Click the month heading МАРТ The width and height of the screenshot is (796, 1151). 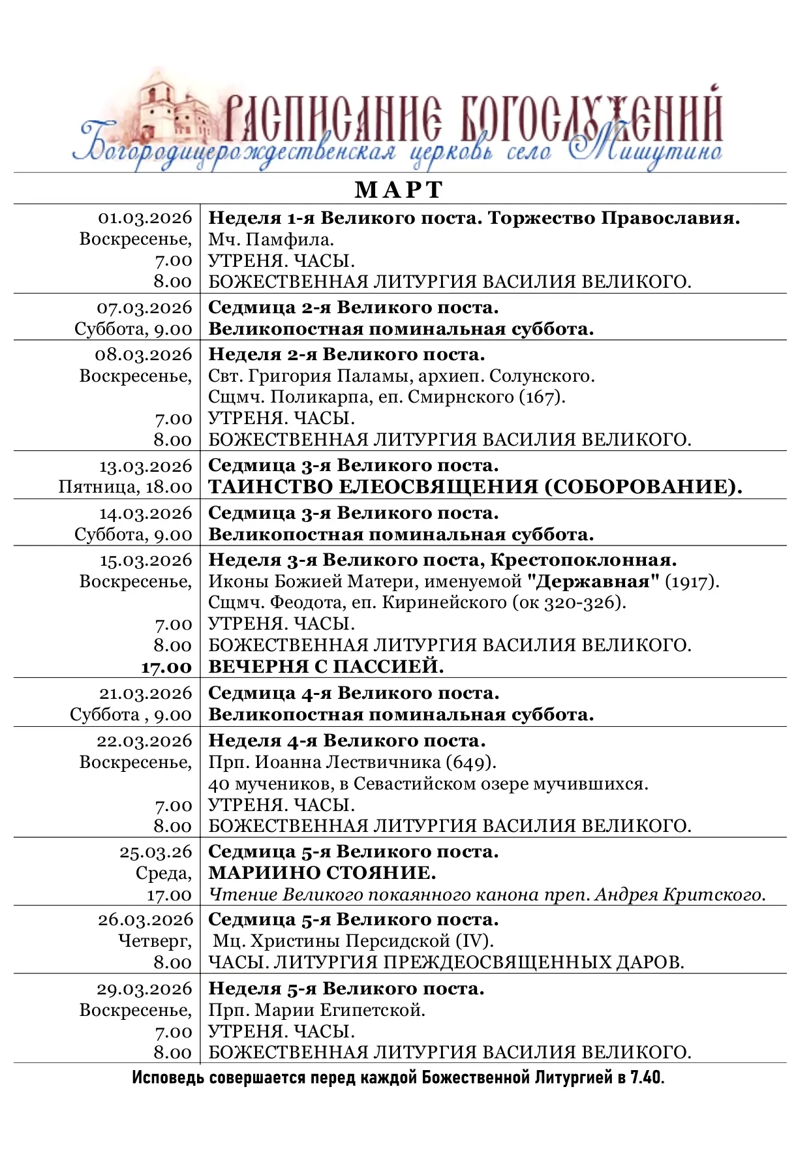[x=399, y=190]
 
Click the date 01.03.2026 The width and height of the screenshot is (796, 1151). [x=145, y=218]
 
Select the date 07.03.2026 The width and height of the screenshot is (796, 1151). [x=145, y=307]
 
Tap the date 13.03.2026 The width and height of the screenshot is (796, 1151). [x=145, y=466]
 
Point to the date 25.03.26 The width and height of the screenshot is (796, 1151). [x=156, y=852]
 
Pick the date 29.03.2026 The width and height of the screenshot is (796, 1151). [x=145, y=989]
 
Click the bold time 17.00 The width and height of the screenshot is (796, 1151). [x=166, y=668]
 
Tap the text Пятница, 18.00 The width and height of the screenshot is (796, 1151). [x=125, y=487]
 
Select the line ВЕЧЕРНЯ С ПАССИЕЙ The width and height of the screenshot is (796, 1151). [x=326, y=667]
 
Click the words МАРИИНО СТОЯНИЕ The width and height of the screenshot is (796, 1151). [x=322, y=873]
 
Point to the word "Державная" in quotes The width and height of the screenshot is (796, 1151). [x=593, y=581]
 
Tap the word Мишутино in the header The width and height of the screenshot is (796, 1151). [x=646, y=151]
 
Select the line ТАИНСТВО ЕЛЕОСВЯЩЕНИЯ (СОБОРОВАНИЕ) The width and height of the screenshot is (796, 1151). [x=475, y=487]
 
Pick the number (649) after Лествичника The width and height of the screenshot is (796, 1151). [x=470, y=762]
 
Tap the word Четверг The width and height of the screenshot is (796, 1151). [x=154, y=941]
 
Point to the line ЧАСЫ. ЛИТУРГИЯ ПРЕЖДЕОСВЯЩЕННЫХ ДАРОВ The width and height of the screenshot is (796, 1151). [x=446, y=962]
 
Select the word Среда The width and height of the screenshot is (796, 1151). [x=163, y=873]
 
